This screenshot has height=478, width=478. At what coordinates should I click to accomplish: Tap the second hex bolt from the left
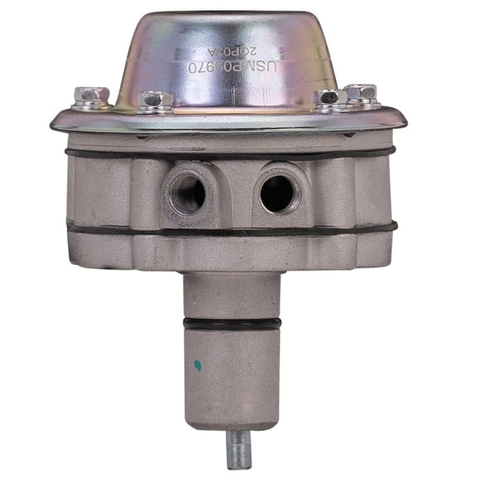click(156, 101)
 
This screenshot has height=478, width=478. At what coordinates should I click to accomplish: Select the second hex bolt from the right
click(329, 98)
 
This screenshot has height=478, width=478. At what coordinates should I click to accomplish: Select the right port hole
click(277, 193)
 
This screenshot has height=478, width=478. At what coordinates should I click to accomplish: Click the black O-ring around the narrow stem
click(232, 324)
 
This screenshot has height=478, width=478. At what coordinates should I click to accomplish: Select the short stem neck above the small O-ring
click(232, 295)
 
